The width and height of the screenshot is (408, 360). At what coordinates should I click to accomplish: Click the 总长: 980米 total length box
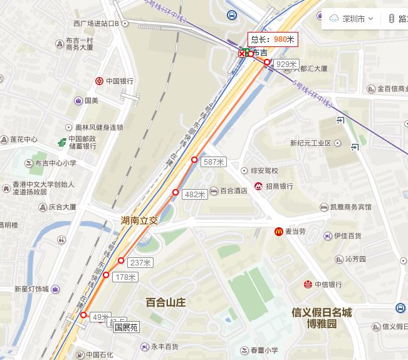pos(271,39)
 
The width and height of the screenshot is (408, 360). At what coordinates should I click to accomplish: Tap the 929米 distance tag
pos(286,64)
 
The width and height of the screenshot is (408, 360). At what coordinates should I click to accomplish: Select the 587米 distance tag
pos(214,162)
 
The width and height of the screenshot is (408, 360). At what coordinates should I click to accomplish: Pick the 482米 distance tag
pos(195,195)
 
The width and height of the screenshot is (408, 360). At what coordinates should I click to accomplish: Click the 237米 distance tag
pos(140,262)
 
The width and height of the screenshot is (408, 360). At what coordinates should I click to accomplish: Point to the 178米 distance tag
pos(124,277)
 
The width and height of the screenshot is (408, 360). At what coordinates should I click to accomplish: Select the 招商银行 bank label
pos(279,187)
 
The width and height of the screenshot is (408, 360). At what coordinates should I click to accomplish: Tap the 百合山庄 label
pos(166,302)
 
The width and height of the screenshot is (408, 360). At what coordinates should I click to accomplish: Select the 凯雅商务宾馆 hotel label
pos(350,207)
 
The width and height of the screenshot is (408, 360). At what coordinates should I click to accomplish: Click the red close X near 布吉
pos(242,54)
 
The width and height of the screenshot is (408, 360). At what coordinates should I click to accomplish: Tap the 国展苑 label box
pos(126,327)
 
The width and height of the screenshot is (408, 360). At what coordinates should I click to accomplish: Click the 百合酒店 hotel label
pos(233,190)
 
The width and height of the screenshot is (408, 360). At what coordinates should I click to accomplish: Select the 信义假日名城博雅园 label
pos(322,318)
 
